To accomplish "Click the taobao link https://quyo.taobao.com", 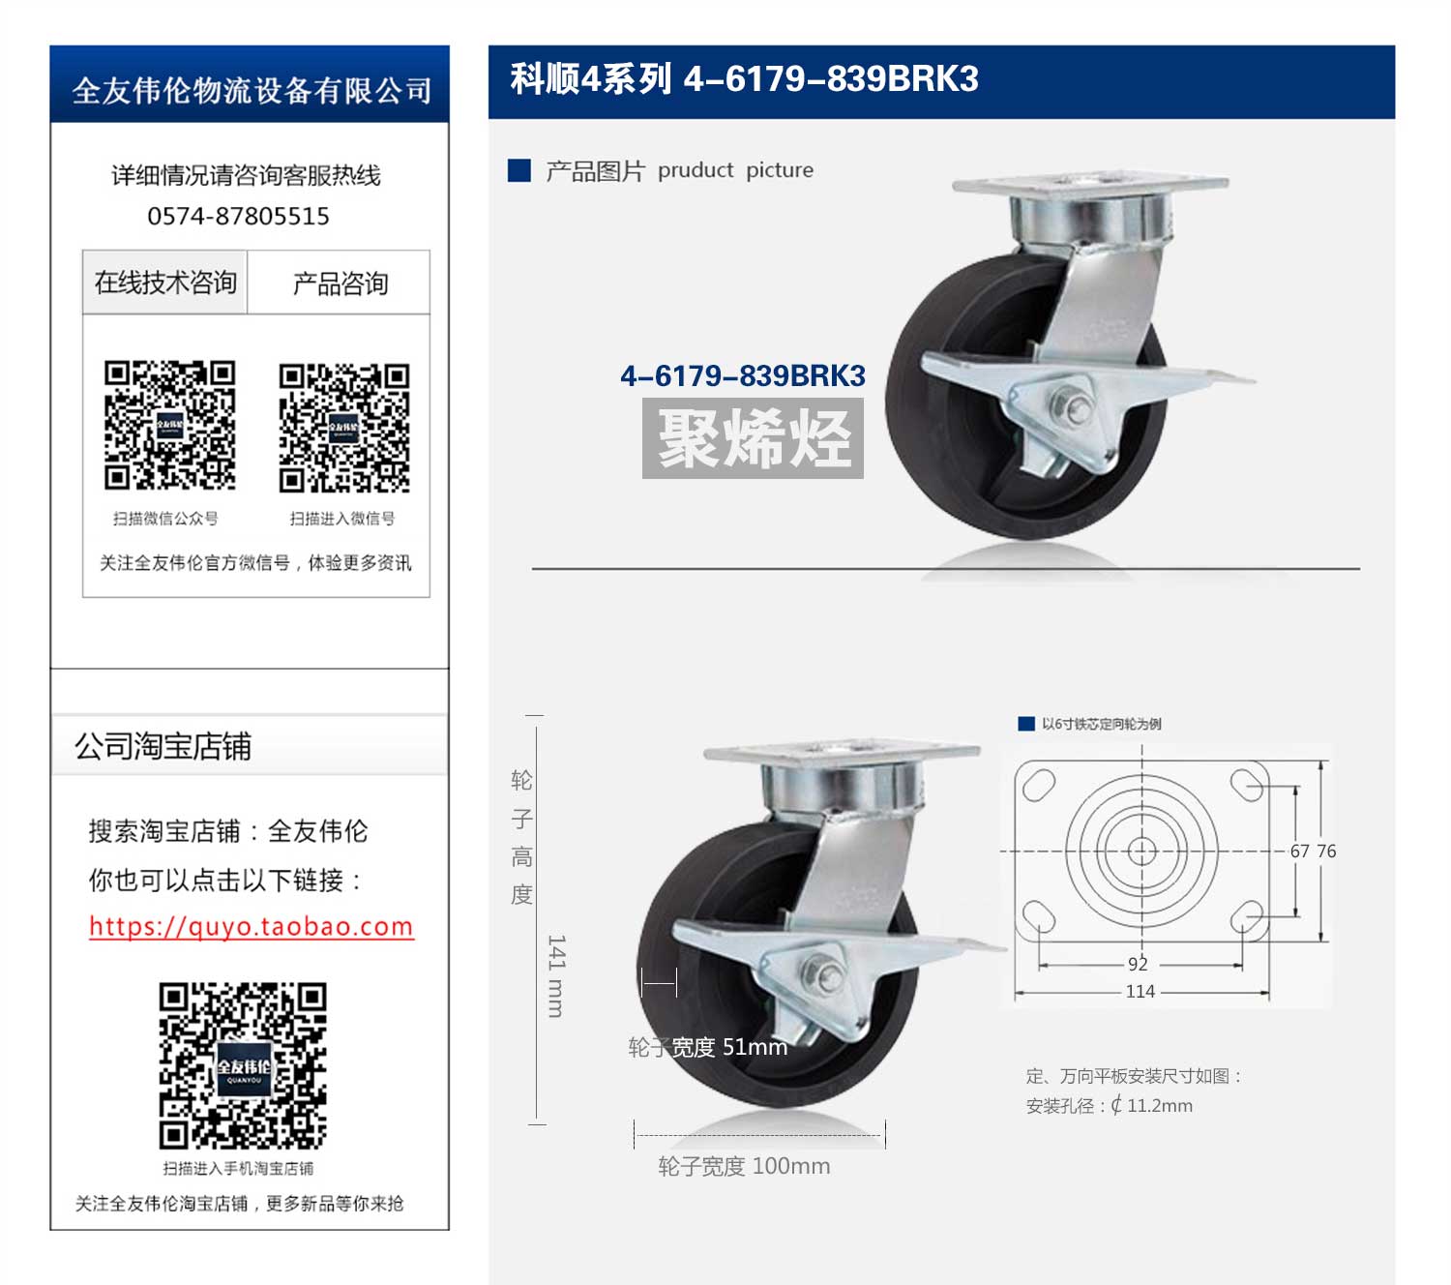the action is click(252, 926).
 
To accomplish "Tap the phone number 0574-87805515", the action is click(239, 216).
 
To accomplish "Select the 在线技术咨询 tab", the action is click(165, 283).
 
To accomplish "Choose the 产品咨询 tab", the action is click(340, 283).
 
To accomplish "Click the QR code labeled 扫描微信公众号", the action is click(169, 426).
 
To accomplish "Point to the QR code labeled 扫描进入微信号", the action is click(344, 428).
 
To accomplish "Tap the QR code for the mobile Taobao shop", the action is click(243, 1065).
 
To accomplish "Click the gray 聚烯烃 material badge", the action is click(753, 437).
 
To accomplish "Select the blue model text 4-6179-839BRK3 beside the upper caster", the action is click(743, 375).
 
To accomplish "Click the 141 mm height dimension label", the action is click(556, 975).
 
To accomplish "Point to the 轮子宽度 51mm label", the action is click(707, 1047).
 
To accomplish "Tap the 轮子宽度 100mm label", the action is click(744, 1166).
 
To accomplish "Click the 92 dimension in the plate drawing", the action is click(1138, 964).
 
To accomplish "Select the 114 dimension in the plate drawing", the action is click(1140, 991).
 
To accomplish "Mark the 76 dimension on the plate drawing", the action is click(1326, 851).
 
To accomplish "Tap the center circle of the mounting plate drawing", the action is click(1141, 852).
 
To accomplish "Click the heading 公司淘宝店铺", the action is click(163, 746).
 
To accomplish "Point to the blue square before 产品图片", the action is click(519, 170).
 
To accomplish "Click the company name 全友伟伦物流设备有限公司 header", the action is click(252, 91).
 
